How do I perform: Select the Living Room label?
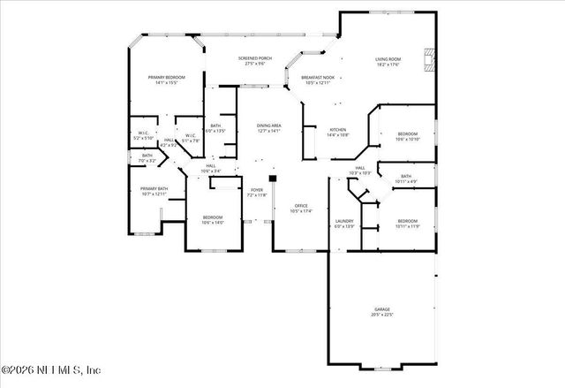388,61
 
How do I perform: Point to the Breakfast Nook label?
318,80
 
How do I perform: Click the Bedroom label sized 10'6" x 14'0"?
213,220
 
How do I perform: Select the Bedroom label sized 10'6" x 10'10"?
407,136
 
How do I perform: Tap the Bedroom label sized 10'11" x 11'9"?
407,223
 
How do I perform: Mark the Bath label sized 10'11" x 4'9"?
405,179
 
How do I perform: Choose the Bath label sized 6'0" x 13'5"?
215,128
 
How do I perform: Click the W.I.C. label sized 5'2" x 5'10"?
143,136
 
